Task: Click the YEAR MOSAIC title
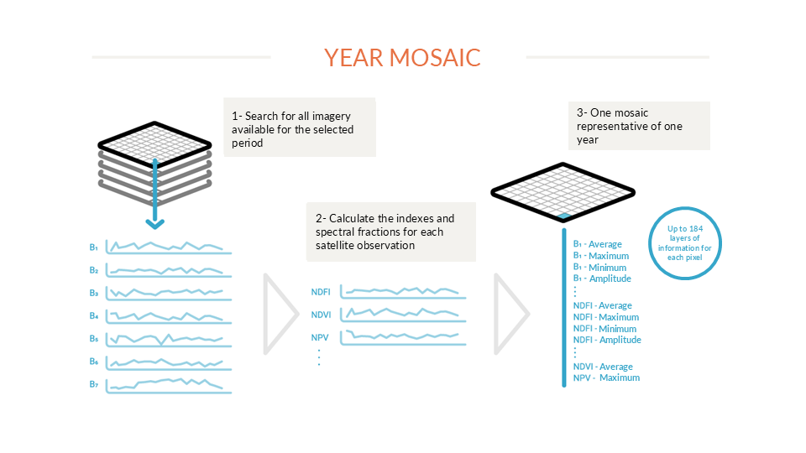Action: tap(402, 58)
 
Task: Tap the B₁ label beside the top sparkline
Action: tap(93, 247)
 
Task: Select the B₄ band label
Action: tap(93, 316)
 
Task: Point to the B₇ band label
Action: tap(93, 384)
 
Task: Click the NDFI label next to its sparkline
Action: tap(321, 292)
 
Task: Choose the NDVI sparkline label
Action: tap(321, 315)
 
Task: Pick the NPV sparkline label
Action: tap(320, 337)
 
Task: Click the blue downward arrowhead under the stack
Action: tap(154, 224)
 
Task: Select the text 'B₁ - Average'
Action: tap(597, 244)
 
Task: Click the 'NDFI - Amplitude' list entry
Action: tap(607, 340)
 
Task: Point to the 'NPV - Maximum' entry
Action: tap(606, 377)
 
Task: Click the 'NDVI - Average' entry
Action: tap(603, 367)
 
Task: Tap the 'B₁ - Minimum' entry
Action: tap(599, 268)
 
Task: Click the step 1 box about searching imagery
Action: tap(300, 128)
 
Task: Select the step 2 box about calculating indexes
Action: tap(391, 232)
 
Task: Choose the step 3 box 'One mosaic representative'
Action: tap(639, 126)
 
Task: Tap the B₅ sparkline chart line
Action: tap(168, 339)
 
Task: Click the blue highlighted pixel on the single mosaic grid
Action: tap(564, 216)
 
